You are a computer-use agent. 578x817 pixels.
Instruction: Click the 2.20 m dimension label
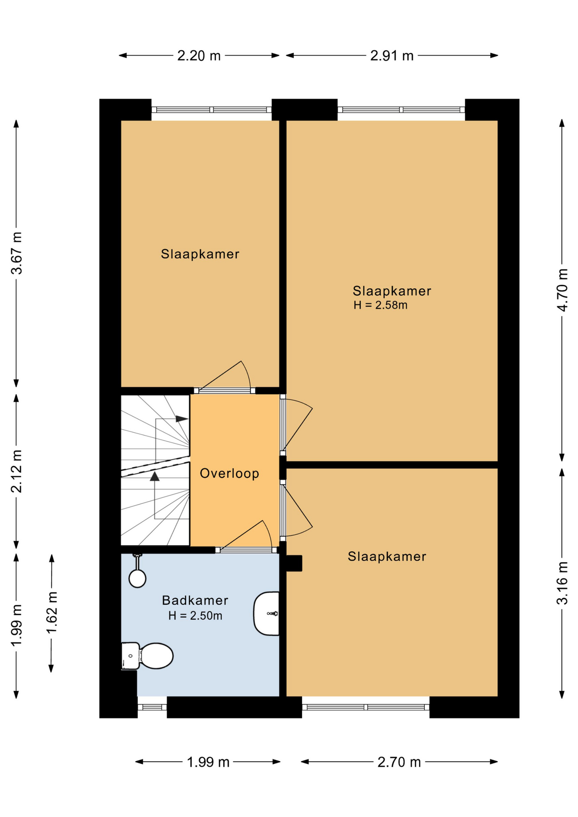(199, 56)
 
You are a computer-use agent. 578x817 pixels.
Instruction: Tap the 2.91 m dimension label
(392, 56)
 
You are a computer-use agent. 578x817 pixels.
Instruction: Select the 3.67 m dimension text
(17, 253)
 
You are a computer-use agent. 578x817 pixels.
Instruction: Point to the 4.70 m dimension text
(562, 290)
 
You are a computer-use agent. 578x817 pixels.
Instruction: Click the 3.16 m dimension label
(562, 583)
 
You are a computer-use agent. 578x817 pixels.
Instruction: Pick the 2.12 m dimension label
(17, 471)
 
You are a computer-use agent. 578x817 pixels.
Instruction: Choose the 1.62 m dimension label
(52, 613)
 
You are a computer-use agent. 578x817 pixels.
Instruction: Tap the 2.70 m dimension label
(399, 762)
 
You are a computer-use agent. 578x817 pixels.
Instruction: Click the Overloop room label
(229, 473)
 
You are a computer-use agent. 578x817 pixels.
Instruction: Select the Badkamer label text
(195, 600)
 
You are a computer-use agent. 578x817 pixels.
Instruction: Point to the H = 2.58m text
(380, 305)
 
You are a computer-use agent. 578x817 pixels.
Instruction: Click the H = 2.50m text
(195, 616)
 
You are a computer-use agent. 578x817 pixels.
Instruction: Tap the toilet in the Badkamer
(147, 656)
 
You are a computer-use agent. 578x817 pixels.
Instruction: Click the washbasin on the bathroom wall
(266, 613)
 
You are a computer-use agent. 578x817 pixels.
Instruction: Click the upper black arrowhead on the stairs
(182, 419)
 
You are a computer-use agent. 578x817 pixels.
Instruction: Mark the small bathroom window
(152, 707)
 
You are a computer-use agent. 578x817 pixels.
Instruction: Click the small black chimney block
(294, 563)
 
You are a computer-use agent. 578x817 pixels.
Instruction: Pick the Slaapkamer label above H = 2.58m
(392, 291)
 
